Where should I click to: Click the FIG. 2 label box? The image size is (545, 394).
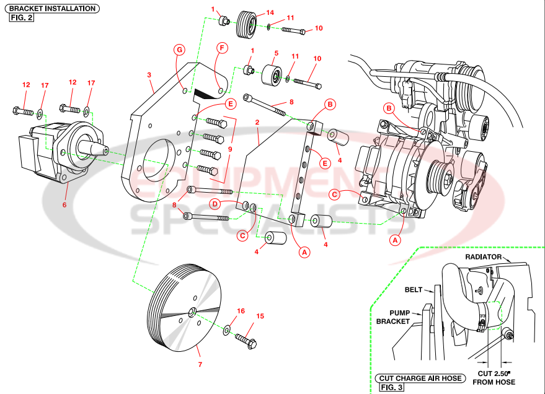coord(21,17)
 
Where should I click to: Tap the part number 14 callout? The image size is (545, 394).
coord(270,12)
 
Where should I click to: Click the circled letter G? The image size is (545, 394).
coord(179,49)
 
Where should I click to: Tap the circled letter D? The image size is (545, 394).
coord(215,204)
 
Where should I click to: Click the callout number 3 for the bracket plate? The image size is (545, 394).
coord(149,75)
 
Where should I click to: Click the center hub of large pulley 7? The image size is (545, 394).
coord(193,310)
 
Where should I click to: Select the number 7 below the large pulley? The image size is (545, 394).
coord(200,365)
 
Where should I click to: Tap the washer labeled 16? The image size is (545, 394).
coord(226,328)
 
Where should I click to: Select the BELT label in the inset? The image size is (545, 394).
coord(414,289)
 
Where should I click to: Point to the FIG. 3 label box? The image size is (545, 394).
coord(392,387)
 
